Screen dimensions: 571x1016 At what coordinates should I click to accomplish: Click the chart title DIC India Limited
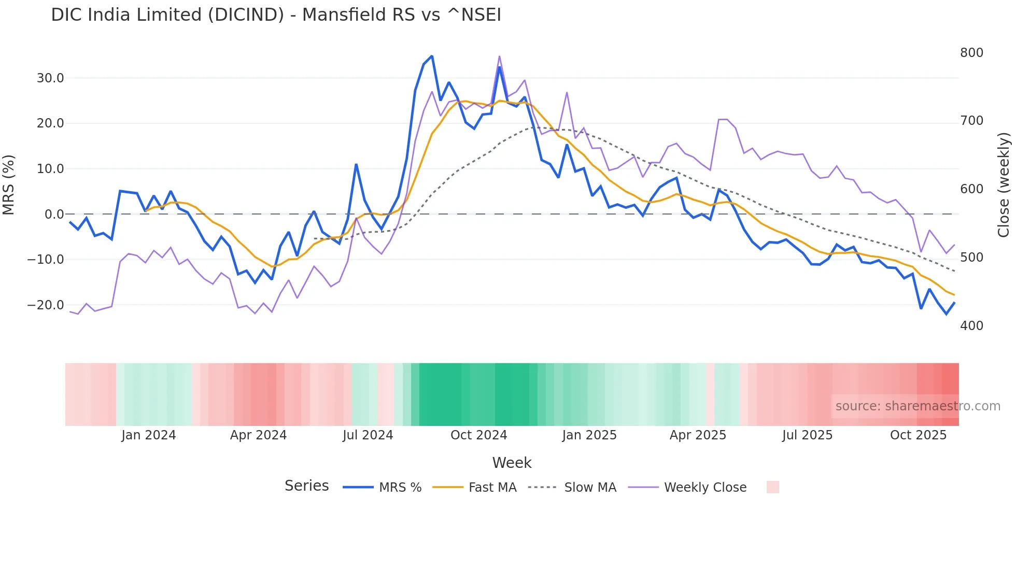click(276, 15)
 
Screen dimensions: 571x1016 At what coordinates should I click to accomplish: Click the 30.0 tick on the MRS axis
click(50, 78)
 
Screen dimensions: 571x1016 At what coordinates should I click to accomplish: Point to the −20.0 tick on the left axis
click(46, 305)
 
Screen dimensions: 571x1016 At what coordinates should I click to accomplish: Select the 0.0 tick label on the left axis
click(54, 215)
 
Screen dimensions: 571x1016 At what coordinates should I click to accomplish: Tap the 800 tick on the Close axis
click(971, 53)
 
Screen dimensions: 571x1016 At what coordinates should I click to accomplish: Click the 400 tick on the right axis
click(971, 326)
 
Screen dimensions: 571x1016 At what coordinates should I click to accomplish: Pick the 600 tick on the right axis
click(971, 189)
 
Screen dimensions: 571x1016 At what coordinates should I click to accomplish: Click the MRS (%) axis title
click(9, 185)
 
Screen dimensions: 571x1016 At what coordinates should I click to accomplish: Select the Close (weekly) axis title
click(1004, 185)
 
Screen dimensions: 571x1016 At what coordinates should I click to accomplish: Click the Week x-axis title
click(512, 463)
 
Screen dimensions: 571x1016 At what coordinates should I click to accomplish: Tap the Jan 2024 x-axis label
click(149, 435)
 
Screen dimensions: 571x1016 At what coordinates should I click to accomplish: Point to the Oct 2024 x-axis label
click(478, 435)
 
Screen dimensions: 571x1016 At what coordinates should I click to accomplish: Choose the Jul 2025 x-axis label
click(807, 435)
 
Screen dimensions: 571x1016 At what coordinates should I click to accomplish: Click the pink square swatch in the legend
click(772, 487)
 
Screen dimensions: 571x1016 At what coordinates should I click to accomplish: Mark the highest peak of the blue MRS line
click(432, 56)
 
